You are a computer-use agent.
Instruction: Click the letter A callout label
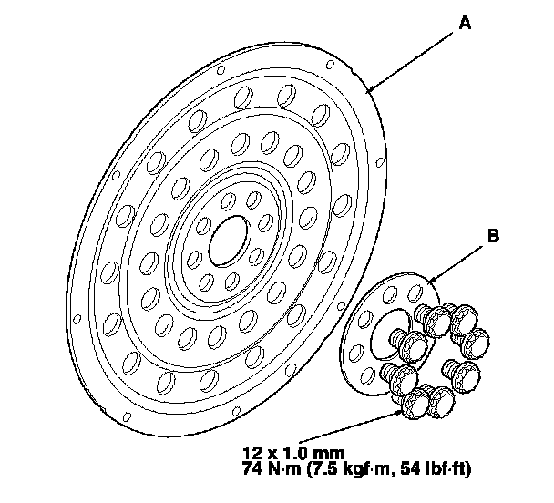[x=465, y=25]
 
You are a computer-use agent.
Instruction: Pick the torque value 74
[x=252, y=468]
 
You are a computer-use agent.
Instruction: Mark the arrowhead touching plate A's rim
[x=368, y=91]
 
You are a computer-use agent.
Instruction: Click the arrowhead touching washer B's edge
[x=431, y=279]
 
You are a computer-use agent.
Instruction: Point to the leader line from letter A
[x=415, y=58]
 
